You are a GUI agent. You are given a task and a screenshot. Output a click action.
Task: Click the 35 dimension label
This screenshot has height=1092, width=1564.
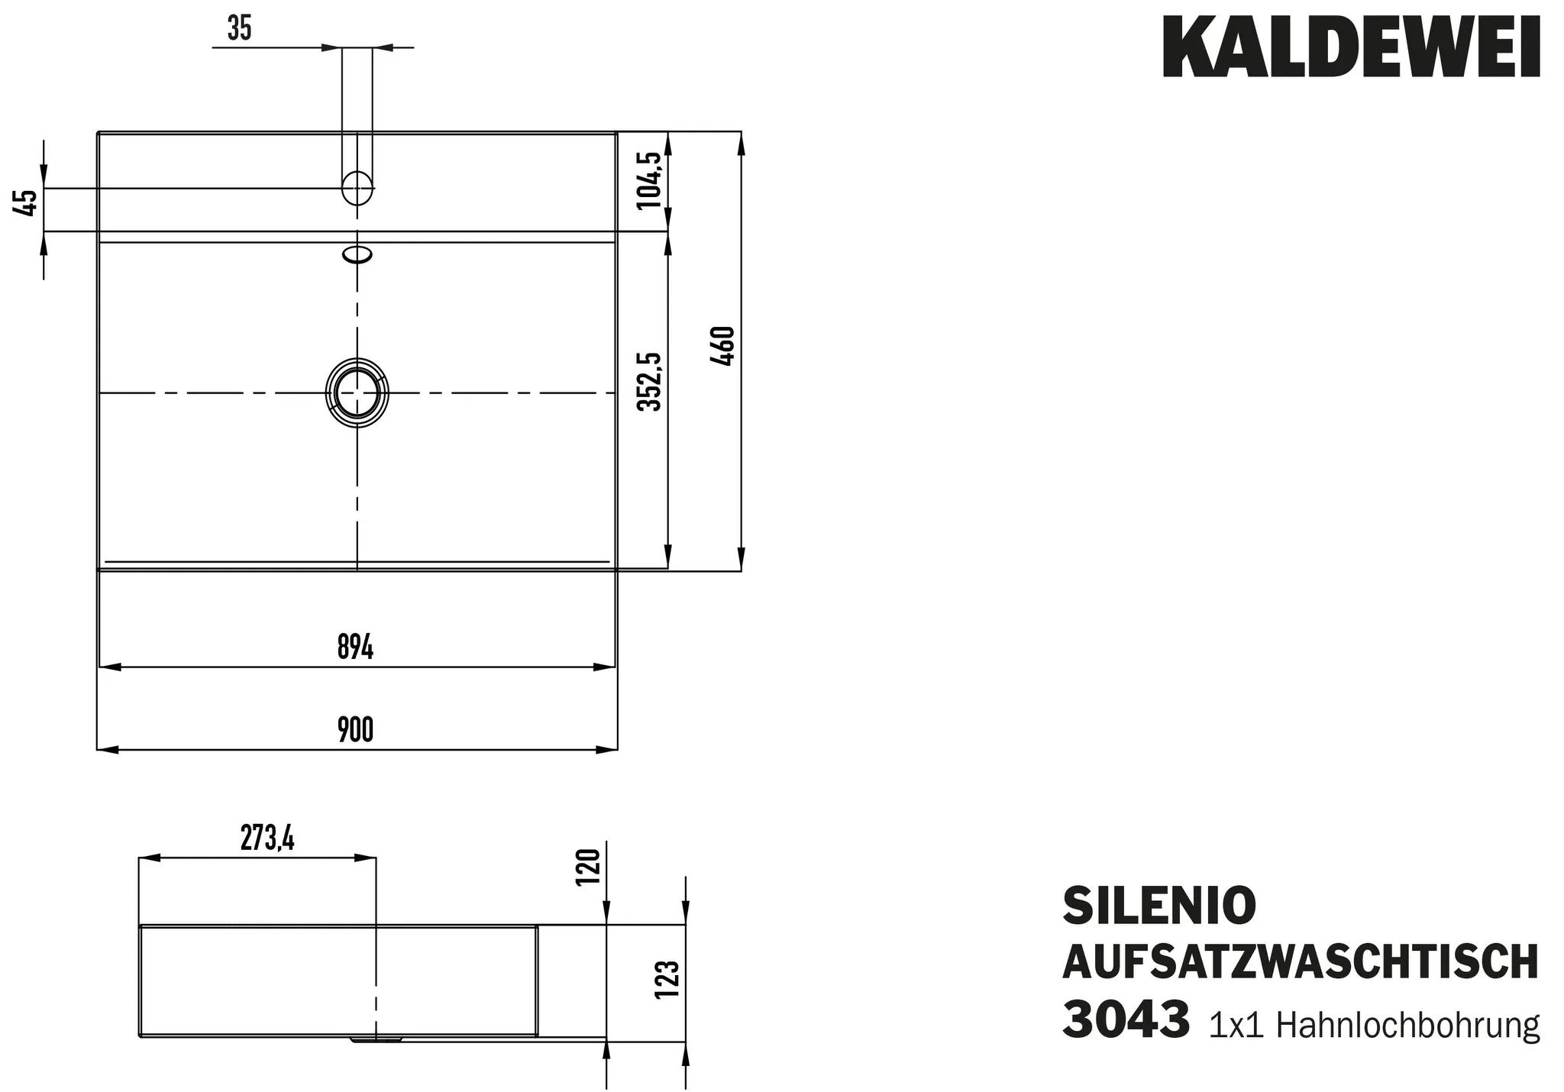click(239, 29)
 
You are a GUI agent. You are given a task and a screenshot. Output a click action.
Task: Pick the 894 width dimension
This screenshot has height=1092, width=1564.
click(355, 648)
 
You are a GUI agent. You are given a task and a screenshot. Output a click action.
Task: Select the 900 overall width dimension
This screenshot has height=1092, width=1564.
click(355, 731)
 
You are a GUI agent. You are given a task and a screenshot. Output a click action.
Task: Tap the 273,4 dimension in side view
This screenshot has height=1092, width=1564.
click(267, 838)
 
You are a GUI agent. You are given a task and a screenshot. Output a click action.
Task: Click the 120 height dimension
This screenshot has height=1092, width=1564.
click(589, 865)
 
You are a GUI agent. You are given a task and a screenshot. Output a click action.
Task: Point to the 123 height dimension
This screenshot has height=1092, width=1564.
click(667, 980)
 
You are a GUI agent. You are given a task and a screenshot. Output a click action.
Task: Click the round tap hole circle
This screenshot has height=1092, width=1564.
click(357, 188)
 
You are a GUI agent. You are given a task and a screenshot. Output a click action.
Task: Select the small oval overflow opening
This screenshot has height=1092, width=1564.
click(357, 254)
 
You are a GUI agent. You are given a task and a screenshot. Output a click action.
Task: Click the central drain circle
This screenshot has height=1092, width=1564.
click(357, 393)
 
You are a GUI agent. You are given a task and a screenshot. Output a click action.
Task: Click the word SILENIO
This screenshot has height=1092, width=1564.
click(1159, 906)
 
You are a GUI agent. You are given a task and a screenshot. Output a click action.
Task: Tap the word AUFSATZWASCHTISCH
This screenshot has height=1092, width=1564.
click(1300, 962)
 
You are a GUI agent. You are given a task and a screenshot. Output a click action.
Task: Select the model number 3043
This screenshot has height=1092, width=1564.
click(1126, 1020)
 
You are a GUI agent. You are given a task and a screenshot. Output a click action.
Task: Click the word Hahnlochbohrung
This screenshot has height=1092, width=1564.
click(1407, 1025)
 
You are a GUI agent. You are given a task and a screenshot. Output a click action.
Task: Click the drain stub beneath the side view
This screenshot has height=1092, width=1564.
click(376, 1039)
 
